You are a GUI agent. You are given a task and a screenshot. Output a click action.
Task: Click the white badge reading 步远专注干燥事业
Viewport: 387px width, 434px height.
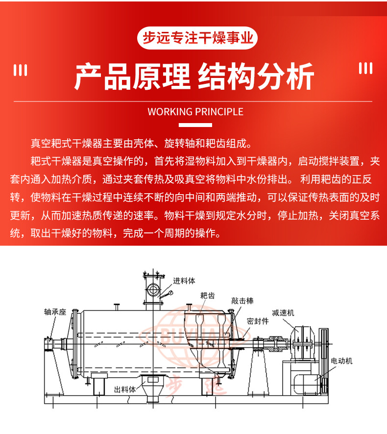[x=197, y=38]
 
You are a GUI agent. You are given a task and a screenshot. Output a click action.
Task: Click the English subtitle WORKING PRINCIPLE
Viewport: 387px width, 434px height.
[x=195, y=112]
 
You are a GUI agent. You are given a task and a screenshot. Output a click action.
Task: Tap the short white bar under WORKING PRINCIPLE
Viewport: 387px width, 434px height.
[x=195, y=125]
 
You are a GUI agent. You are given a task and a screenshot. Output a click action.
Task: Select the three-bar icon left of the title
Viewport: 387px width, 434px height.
[x=21, y=70]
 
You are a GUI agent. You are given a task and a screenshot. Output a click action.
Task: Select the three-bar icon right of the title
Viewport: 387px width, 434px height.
[x=365, y=68]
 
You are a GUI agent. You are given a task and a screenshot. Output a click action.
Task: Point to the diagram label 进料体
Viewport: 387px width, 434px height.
[x=184, y=281]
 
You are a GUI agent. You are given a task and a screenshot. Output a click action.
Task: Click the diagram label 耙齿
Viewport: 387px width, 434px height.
[x=207, y=296]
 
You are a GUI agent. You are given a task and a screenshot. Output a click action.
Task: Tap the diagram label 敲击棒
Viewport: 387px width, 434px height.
[x=242, y=301]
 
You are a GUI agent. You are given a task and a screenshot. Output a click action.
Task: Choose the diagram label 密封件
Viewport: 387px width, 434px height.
[x=258, y=321]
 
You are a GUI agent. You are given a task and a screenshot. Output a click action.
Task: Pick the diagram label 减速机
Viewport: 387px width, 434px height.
[x=283, y=313]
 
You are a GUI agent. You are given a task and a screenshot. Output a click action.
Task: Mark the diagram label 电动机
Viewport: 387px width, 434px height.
[x=341, y=361]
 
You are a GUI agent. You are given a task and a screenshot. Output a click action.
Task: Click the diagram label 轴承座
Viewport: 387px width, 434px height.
[x=55, y=312]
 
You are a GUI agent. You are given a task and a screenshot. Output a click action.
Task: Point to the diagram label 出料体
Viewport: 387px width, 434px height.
[x=125, y=389]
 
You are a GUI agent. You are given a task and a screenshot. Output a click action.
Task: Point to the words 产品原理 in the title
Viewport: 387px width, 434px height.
[x=132, y=77]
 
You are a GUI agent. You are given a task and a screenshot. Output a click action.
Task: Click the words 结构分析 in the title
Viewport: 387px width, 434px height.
[x=256, y=77]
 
